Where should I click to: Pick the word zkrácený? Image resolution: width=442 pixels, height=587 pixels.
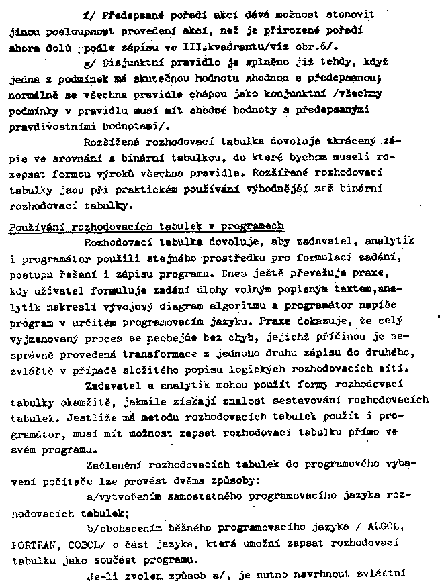click(354, 141)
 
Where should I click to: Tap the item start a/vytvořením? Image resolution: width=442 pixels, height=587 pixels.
click(128, 495)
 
